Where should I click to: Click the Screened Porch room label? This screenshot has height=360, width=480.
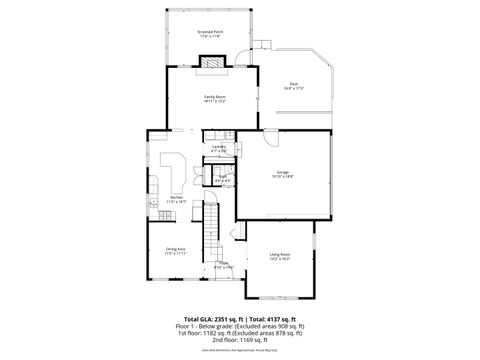[210, 34]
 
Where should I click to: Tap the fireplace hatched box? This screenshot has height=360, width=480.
[213, 61]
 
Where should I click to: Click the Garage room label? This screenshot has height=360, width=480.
[283, 174]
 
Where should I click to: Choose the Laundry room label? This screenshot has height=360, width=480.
[219, 148]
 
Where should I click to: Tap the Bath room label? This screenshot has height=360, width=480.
[223, 181]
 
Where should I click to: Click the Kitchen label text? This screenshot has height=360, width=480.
[176, 199]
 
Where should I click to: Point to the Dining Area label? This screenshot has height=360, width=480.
[176, 252]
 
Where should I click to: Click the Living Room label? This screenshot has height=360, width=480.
[280, 257]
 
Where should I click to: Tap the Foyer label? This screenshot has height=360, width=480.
[223, 265]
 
